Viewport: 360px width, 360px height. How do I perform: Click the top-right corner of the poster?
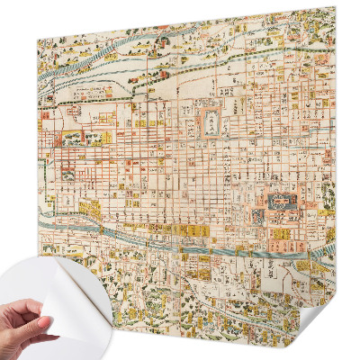tap(334, 7)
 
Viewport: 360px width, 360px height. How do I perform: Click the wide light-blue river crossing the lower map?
tap(180, 237)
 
